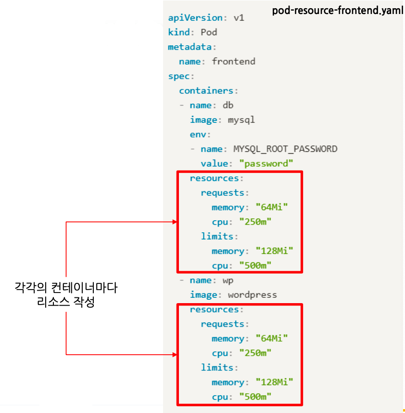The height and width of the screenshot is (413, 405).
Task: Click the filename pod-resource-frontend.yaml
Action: point(338,11)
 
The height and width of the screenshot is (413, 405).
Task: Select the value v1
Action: point(239,18)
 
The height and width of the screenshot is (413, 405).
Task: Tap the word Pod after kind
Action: point(209,32)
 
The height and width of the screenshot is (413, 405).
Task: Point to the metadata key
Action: point(190,47)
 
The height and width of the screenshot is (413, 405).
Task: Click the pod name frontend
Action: point(233,61)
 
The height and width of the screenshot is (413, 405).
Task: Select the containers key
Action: point(206,91)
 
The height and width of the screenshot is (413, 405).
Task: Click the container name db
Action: point(228,105)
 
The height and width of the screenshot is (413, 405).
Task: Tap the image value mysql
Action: point(241,120)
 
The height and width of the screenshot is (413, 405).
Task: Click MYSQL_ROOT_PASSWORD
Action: point(285,149)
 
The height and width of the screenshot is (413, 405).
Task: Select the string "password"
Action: point(266,163)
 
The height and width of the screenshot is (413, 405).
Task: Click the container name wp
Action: point(228,280)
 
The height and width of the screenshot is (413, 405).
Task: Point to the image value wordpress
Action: point(253,294)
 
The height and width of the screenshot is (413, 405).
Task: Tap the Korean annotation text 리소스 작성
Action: point(66,303)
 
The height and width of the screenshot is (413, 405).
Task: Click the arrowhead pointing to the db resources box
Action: point(174,222)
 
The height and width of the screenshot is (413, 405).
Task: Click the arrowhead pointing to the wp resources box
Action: point(174,355)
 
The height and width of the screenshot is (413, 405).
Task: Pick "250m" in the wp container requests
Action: point(255,353)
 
